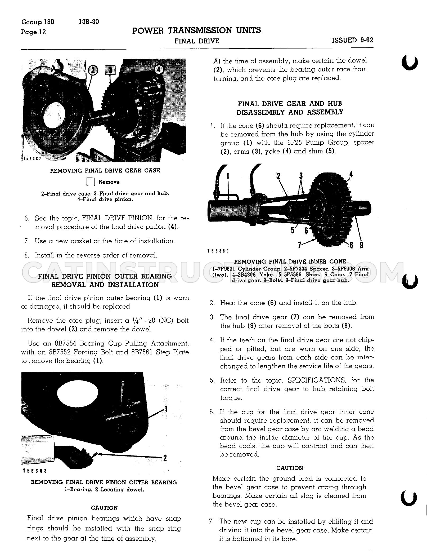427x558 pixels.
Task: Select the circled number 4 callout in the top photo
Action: (159, 70)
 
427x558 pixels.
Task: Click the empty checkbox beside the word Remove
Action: (91, 182)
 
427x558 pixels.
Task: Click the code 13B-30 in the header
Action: (89, 22)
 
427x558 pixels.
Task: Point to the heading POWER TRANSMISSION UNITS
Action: (196, 30)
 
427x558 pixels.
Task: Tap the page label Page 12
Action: (33, 32)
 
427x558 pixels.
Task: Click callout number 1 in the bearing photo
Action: (166, 409)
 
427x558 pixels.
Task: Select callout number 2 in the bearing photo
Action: (165, 458)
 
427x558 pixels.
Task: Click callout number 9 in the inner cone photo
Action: (361, 245)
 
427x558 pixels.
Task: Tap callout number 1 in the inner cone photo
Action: (228, 176)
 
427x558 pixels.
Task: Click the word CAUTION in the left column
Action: (104, 508)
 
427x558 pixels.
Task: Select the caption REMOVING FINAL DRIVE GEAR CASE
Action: (105, 171)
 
